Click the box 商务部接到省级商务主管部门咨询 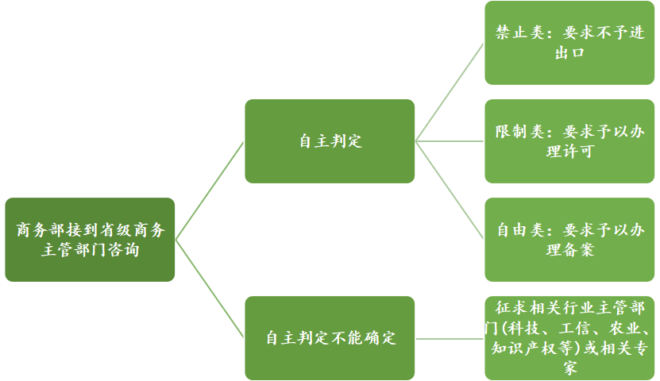(x=90, y=240)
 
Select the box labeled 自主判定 (x=330, y=141)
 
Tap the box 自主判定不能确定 (x=330, y=337)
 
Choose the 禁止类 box (x=569, y=43)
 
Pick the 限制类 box (x=569, y=141)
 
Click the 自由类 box (x=569, y=240)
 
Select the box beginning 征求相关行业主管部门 (x=569, y=337)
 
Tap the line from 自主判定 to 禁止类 (x=450, y=91)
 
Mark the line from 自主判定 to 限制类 (x=450, y=141)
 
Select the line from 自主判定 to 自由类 (x=450, y=190)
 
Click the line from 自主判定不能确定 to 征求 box (x=450, y=338)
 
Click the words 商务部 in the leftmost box (x=40, y=231)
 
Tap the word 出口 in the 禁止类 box (x=569, y=53)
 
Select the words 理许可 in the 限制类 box (x=569, y=152)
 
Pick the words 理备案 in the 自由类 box (x=569, y=250)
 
